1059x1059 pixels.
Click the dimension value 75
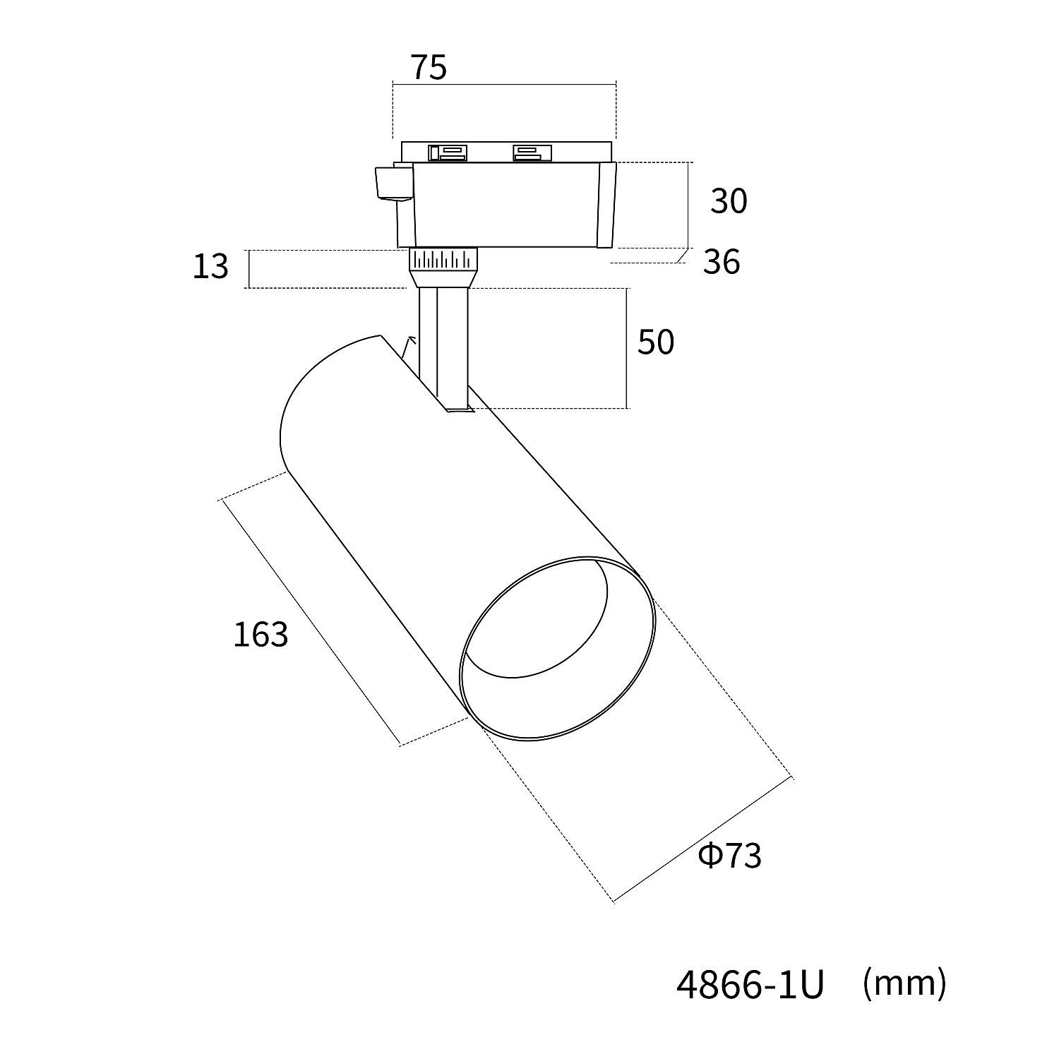point(429,67)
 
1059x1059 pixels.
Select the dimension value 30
point(729,201)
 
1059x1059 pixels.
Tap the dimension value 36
point(722,262)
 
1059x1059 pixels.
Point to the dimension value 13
point(210,266)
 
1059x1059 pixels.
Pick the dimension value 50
point(656,342)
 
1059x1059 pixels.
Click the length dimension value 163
point(261,635)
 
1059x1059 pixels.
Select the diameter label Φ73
point(730,856)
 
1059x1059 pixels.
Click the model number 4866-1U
point(750,984)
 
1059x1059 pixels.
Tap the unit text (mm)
point(904,983)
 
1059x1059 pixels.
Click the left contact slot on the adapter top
point(447,152)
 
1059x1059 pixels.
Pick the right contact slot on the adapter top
point(532,152)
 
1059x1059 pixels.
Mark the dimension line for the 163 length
point(311,621)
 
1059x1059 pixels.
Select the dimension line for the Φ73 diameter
point(703,840)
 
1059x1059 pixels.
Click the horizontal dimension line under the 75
point(504,85)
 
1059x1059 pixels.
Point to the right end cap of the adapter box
point(607,205)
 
